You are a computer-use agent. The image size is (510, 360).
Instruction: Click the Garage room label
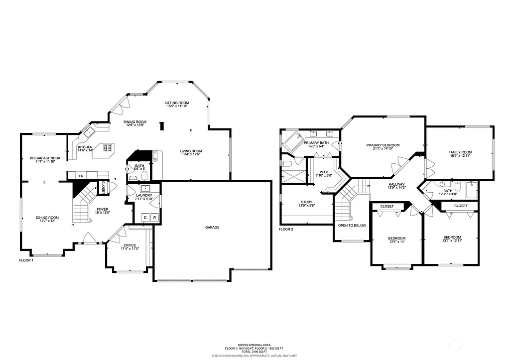pyautogui.click(x=212, y=228)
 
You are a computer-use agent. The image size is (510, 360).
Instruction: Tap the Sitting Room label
pyautogui.click(x=177, y=103)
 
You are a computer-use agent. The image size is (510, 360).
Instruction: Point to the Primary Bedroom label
pyautogui.click(x=383, y=145)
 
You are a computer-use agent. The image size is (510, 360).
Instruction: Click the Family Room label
pyautogui.click(x=460, y=152)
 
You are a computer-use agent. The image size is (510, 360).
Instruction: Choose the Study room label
pyautogui.click(x=306, y=202)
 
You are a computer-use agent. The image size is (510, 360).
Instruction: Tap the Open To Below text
pyautogui.click(x=352, y=226)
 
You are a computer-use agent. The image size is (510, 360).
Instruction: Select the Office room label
pyautogui.click(x=130, y=245)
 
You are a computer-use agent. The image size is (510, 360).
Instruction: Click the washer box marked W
pyautogui.click(x=154, y=218)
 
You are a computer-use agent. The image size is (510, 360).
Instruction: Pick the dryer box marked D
pyautogui.click(x=145, y=218)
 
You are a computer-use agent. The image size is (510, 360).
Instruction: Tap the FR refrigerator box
pyautogui.click(x=80, y=176)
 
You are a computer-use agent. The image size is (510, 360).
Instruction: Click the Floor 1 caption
pyautogui.click(x=26, y=260)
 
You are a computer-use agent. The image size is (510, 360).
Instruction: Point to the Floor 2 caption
pyautogui.click(x=286, y=230)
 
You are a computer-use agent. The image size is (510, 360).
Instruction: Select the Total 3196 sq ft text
pyautogui.click(x=254, y=352)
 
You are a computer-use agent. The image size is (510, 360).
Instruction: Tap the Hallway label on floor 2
pyautogui.click(x=397, y=184)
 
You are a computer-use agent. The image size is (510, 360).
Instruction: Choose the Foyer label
pyautogui.click(x=103, y=210)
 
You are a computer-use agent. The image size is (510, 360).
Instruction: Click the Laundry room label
pyautogui.click(x=144, y=196)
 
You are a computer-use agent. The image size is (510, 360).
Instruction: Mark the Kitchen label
pyautogui.click(x=85, y=147)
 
